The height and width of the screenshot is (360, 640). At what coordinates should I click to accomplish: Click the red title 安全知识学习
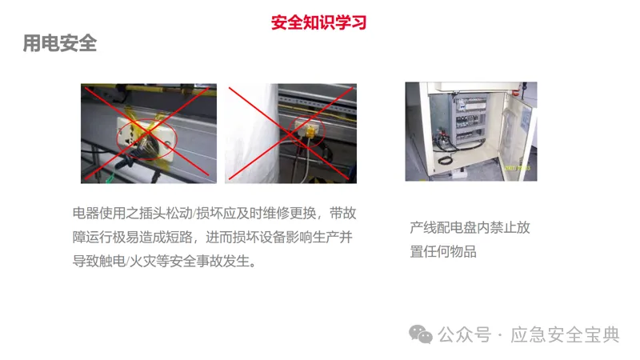coord(318,22)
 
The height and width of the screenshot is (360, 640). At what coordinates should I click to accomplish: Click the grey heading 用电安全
coord(59,43)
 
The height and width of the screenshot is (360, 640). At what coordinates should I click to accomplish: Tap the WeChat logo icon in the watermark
coord(421,334)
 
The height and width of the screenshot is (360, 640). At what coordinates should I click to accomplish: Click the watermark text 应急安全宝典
coord(565,335)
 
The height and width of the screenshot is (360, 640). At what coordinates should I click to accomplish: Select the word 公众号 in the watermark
coord(465,335)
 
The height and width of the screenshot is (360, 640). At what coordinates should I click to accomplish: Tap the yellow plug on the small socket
coord(310,132)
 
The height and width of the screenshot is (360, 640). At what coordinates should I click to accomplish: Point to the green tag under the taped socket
coord(110,178)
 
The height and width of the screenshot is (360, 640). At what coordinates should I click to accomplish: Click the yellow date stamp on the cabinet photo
coord(518,168)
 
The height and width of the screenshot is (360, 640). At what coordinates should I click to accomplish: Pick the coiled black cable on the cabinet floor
coord(445,159)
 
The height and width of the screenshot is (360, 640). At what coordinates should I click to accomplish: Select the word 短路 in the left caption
coord(179,237)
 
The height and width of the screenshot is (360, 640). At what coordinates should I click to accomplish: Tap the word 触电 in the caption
coord(112,261)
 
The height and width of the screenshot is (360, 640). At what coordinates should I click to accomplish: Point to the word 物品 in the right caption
coord(463,251)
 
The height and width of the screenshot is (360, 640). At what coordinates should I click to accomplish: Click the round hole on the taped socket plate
coord(167,144)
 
